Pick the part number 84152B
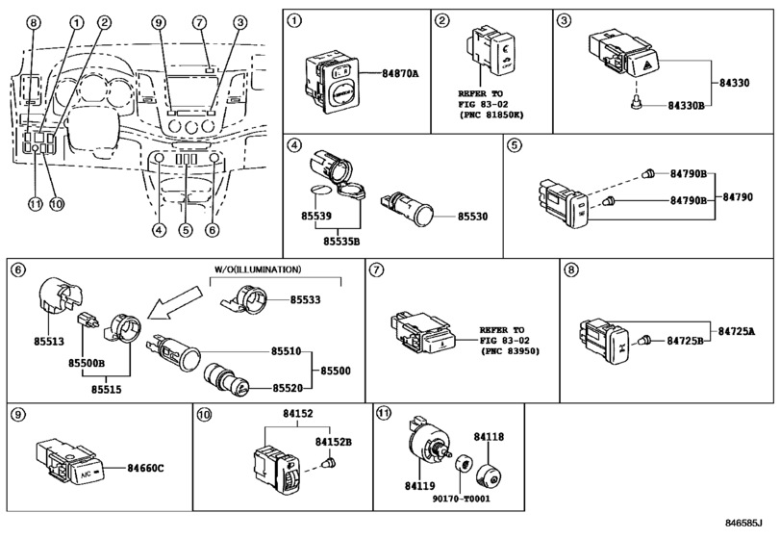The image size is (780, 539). pos(334,442)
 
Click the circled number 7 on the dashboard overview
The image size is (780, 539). pos(199,21)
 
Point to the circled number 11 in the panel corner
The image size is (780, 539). pos(383,414)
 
